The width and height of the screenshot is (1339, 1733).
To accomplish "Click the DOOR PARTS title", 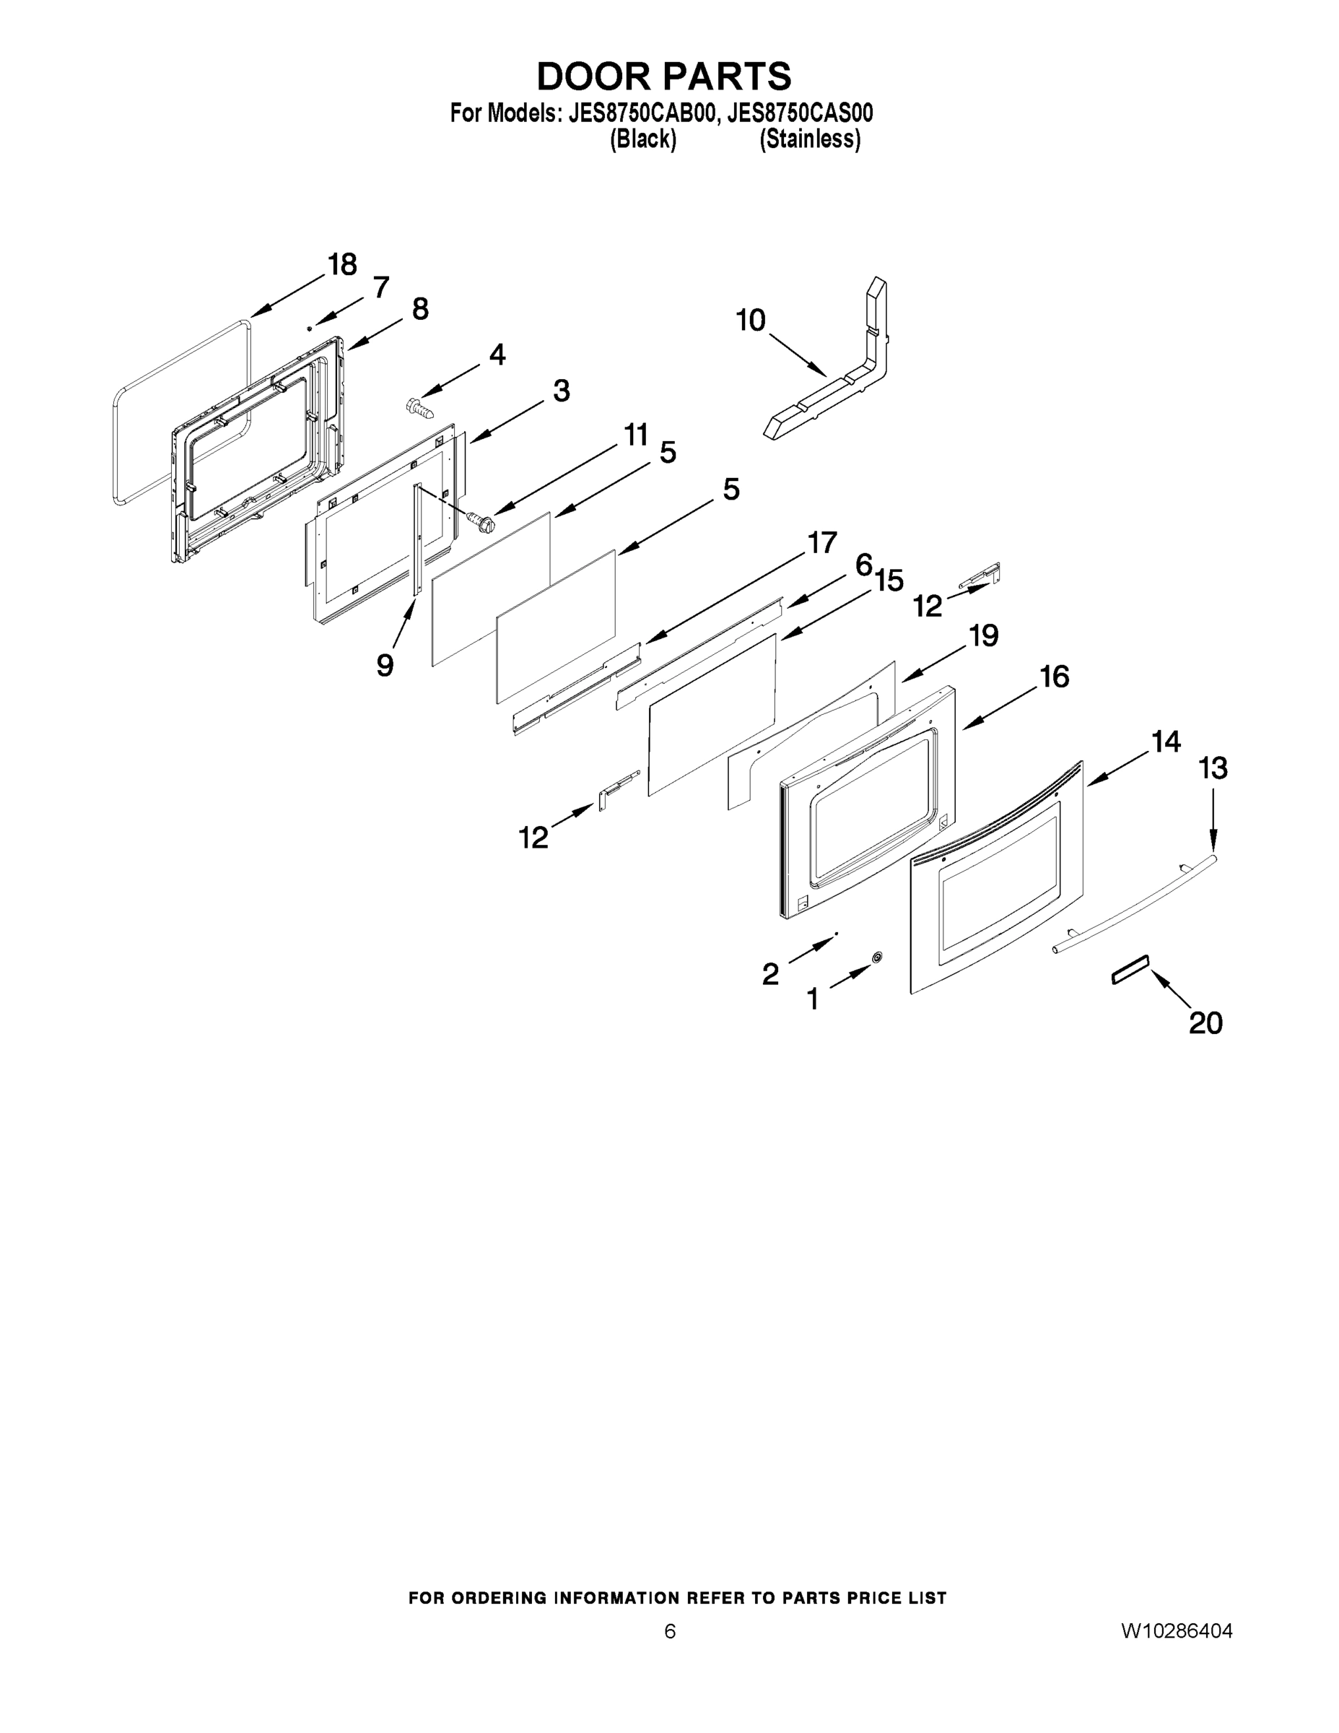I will point(664,76).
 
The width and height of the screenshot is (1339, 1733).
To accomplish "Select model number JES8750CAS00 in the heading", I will point(800,113).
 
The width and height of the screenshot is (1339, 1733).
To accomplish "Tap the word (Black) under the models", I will point(642,139).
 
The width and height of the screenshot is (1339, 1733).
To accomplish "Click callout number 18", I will point(343,264).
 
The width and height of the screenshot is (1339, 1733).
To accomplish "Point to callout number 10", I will point(751,321).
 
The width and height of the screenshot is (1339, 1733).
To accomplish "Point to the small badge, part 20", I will point(1130,970).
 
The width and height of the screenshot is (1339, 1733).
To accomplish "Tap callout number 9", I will point(385,665).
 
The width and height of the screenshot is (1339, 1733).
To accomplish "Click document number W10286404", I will point(1177,1630).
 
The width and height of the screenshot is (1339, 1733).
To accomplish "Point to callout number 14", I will point(1166,742).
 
